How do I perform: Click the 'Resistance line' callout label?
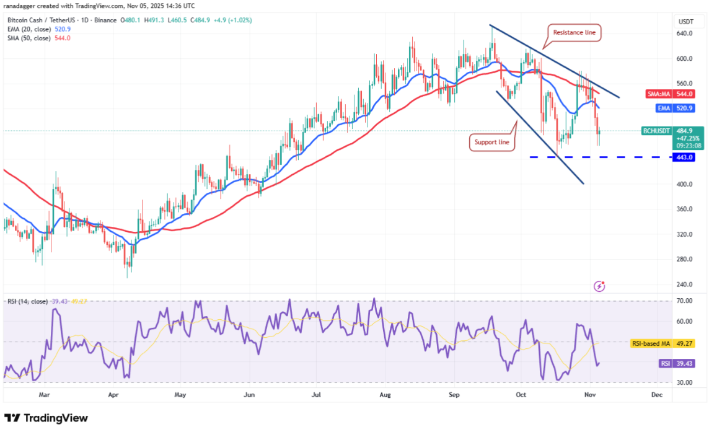575,32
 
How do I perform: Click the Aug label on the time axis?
385,394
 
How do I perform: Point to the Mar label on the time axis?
44,394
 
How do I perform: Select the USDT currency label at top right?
685,21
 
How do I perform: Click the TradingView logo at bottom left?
46,418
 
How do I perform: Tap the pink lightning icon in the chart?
599,286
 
